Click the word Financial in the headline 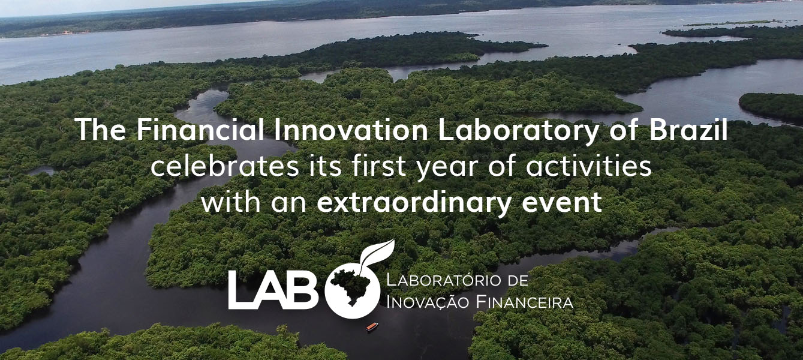pyautogui.click(x=200, y=130)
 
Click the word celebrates pyautogui.click(x=224, y=166)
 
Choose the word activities pyautogui.click(x=589, y=166)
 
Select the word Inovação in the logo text pyautogui.click(x=428, y=302)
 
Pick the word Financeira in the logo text pyautogui.click(x=525, y=302)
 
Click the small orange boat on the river pyautogui.click(x=372, y=326)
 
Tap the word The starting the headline pyautogui.click(x=101, y=130)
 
